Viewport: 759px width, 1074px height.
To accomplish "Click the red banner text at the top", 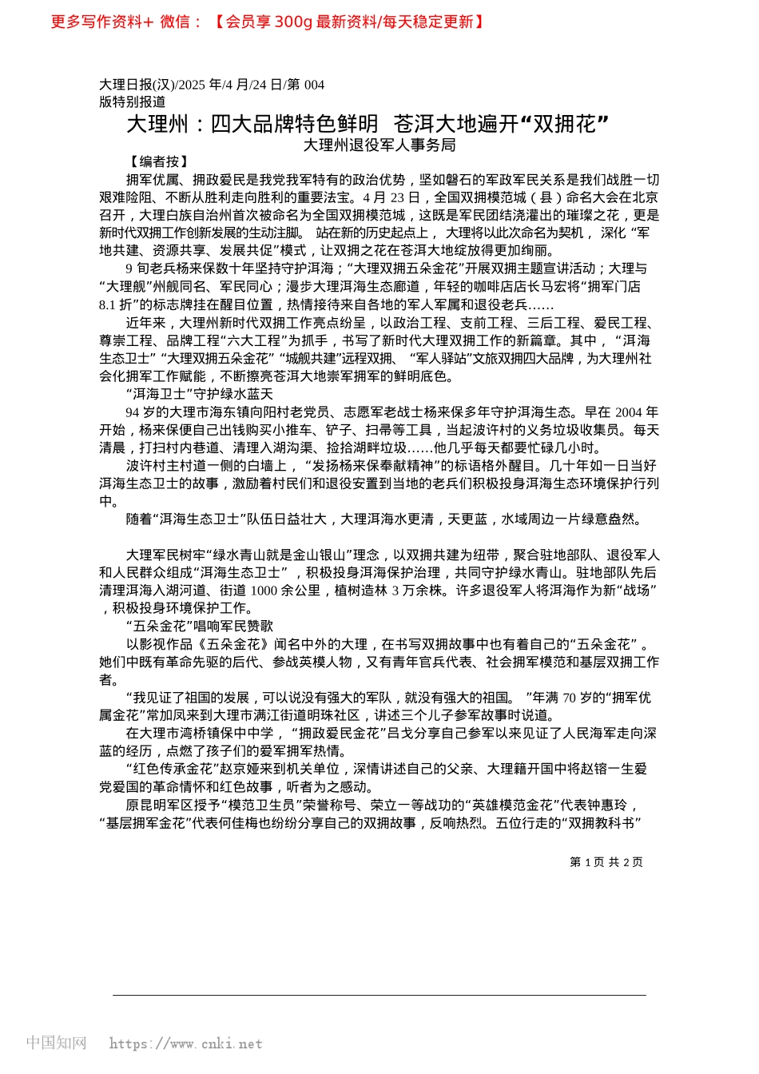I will pos(268,22).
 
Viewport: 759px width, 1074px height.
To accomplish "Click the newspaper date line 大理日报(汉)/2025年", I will pos(212,85).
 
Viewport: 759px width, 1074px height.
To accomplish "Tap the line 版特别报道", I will pos(133,101).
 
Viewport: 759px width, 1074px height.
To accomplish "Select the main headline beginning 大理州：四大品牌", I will pos(368,124).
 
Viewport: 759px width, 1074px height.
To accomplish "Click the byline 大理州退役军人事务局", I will pos(379,145).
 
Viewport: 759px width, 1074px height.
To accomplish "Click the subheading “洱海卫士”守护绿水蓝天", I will pos(199,394).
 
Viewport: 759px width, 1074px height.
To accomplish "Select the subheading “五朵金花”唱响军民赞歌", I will pos(199,626).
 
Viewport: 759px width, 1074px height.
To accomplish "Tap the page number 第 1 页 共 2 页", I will pos(606,862).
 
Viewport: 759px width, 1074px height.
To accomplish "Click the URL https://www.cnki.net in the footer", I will pos(185,1044).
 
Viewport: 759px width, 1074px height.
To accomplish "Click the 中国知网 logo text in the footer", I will pos(56,1043).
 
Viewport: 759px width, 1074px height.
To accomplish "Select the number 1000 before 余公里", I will pos(264,591).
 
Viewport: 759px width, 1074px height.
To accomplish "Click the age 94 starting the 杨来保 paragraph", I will pos(133,412).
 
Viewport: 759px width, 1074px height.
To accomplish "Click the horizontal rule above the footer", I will pos(379,995).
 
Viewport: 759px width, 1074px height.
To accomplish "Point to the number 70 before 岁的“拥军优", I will pos(569,698).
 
